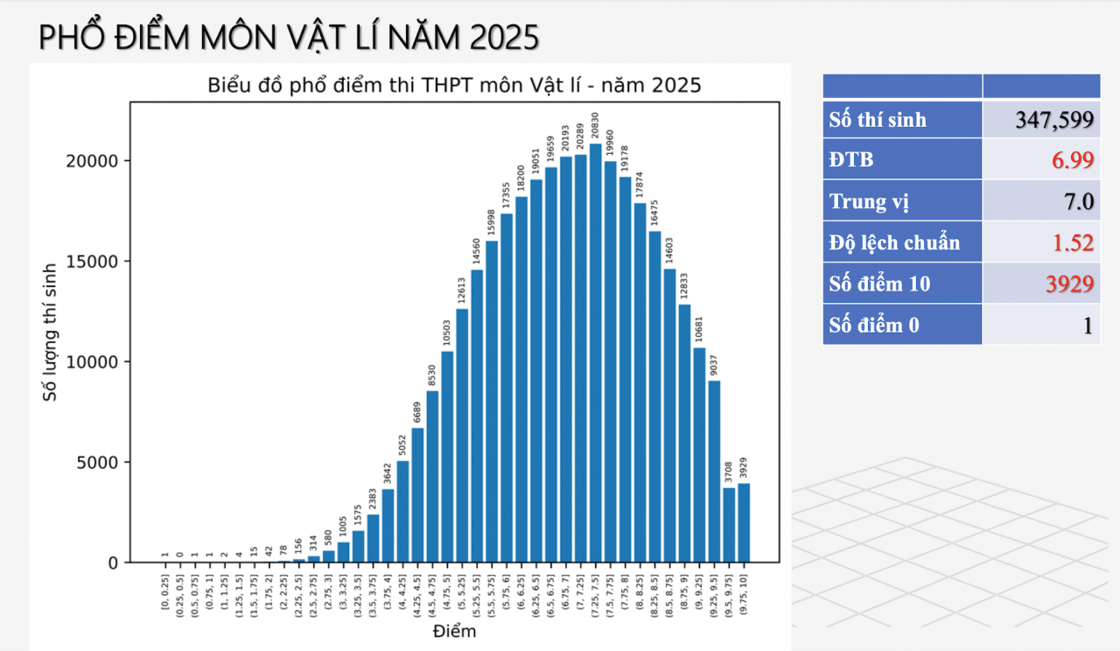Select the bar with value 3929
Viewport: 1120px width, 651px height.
pos(744,522)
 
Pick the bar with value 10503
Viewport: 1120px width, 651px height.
pos(447,456)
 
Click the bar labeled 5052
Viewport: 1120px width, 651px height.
pos(402,511)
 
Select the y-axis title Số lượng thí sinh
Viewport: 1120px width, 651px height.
pos(51,332)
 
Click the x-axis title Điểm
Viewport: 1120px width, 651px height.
pos(455,631)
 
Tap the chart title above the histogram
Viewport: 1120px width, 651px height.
pos(454,86)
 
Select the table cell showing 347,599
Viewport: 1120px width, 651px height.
pos(1041,120)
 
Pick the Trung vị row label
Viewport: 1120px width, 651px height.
pos(902,202)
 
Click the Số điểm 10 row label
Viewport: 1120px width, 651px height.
pos(902,283)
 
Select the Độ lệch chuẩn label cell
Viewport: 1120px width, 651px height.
pos(902,242)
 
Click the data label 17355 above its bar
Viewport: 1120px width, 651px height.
pos(507,197)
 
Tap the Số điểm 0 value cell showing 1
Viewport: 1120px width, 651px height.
pos(1041,325)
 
